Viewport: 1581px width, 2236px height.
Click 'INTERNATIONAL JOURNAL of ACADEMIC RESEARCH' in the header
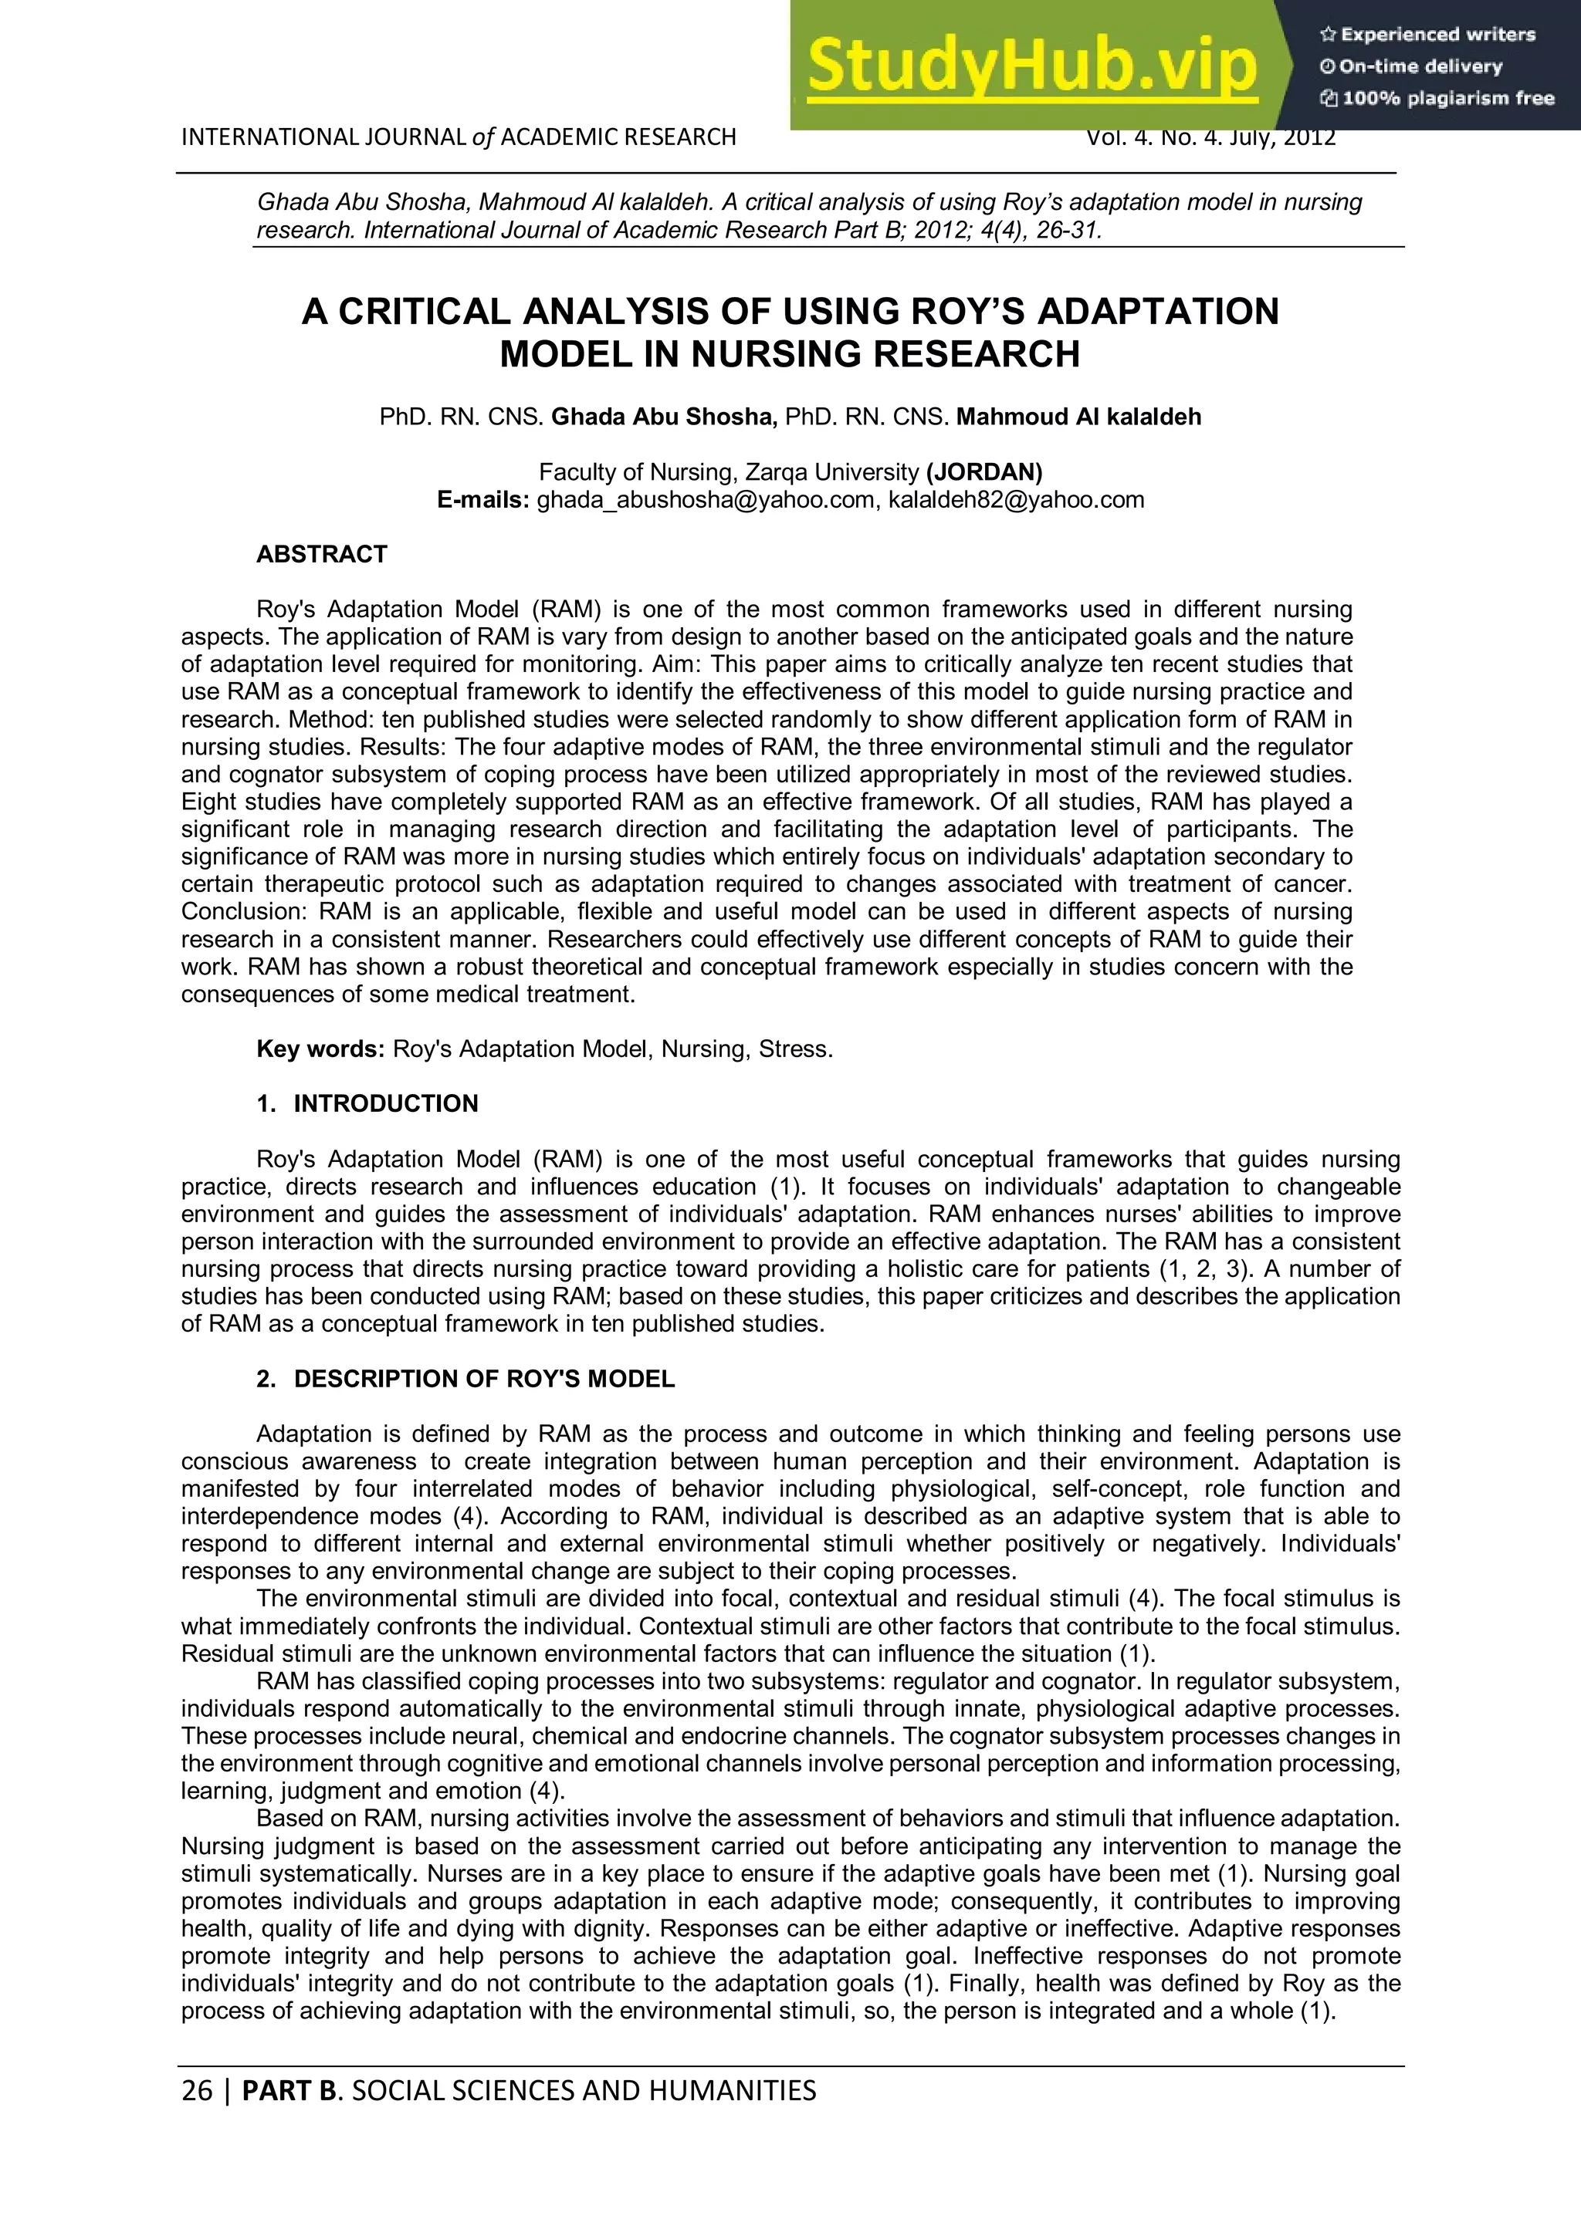[x=458, y=137]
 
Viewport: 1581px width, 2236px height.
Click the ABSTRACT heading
[x=321, y=554]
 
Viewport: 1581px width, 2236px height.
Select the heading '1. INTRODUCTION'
[x=367, y=1103]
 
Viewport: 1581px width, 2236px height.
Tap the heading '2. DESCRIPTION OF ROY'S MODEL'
[x=465, y=1379]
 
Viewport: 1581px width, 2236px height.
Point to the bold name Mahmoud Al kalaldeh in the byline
[x=1078, y=417]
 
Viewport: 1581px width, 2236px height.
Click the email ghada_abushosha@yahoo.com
[x=706, y=501]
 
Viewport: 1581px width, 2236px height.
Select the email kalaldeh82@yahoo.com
[x=1016, y=501]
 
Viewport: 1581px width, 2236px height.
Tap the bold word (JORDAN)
[x=983, y=472]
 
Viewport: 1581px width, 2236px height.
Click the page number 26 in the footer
[x=197, y=2091]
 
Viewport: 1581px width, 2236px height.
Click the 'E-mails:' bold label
[x=483, y=501]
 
